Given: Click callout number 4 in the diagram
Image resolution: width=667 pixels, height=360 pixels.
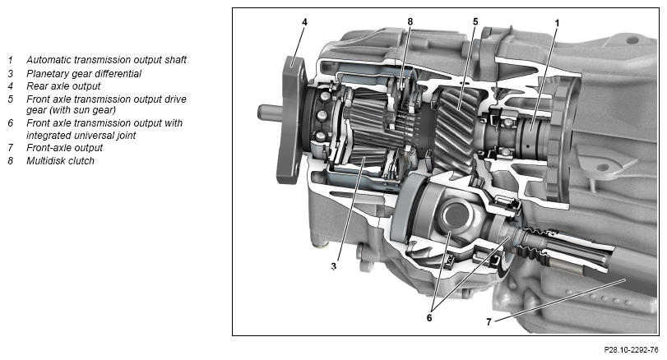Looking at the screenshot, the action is pos(304,21).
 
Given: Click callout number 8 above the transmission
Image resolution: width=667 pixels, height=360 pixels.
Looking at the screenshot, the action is pos(410,21).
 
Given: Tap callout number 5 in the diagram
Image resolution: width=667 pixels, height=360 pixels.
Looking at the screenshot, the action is pos(475,21).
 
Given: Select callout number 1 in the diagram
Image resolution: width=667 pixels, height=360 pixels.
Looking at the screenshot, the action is pos(557,23).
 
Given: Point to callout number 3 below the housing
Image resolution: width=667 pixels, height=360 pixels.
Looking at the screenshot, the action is pos(334,266).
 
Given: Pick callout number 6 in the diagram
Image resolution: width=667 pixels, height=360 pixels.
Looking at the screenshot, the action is pos(429,317).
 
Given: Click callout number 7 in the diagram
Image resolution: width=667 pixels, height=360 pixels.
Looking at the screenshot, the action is pos(489,322).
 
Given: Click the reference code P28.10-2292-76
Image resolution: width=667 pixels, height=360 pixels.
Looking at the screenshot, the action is pos(632,350).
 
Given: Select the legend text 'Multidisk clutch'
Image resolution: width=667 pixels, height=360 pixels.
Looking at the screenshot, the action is pos(60,160).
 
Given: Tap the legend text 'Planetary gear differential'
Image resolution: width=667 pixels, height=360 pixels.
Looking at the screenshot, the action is pos(84,73).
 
